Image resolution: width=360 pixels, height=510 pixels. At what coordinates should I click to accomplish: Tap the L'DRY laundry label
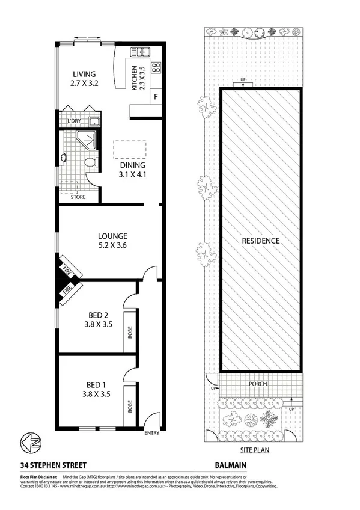point(75,121)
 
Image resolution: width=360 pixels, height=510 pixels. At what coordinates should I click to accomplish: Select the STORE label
point(78,197)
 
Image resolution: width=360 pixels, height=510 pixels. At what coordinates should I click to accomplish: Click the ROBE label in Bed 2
point(130,331)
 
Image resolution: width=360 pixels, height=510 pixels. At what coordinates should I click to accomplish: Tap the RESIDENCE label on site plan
point(261,241)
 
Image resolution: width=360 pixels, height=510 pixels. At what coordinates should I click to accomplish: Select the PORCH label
point(258,384)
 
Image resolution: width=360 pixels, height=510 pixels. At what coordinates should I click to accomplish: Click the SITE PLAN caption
point(251,449)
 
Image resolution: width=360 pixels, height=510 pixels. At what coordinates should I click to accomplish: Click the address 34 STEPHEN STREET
point(53,465)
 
